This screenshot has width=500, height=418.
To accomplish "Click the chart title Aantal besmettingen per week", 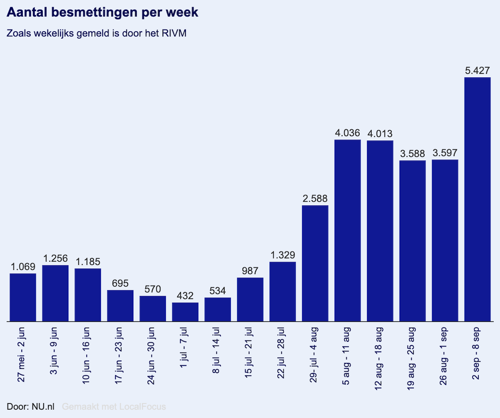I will click(102, 13).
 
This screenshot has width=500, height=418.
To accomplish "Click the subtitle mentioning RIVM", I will click(96, 34).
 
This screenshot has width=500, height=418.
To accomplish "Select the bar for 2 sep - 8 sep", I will click(477, 200).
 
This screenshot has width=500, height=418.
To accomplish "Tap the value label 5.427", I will click(477, 71).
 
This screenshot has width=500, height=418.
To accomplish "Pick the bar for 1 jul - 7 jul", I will click(185, 312).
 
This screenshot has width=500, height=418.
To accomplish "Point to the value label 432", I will click(185, 296).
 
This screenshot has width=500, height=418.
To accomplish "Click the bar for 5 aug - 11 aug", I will click(347, 231).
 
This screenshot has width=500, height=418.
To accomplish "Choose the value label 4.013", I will click(380, 134).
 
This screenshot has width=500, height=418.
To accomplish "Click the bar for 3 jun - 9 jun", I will click(55, 293).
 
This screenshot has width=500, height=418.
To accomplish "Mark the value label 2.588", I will click(315, 199).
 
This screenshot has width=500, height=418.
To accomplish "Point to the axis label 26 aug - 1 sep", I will click(445, 358).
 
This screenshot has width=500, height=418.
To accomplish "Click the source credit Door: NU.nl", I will click(30, 406).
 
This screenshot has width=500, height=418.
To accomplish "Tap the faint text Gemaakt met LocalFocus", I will click(114, 406).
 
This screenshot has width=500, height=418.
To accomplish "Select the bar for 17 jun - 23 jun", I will click(120, 306).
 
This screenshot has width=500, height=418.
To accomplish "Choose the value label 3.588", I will click(412, 154).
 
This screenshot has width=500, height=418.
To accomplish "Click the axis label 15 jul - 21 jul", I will click(250, 358).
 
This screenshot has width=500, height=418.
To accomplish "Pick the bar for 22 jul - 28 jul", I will click(282, 292).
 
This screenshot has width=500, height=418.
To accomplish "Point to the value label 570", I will click(152, 289).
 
